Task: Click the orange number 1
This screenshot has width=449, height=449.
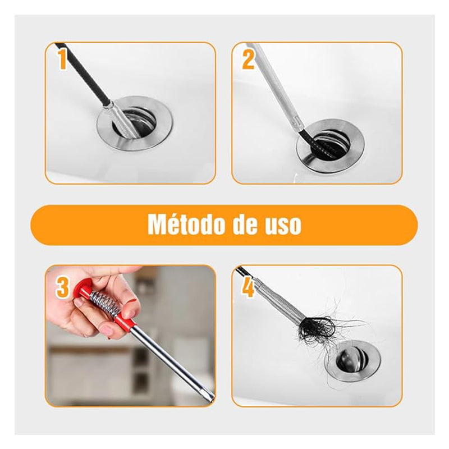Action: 62,60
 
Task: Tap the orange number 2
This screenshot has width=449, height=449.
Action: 248,60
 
